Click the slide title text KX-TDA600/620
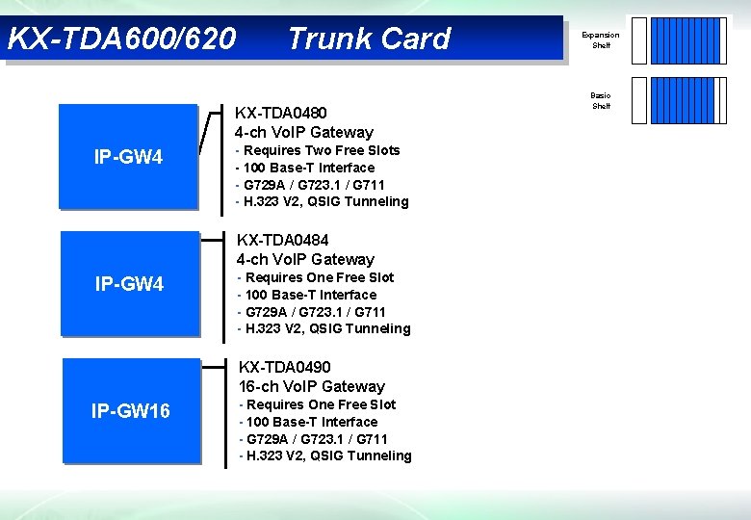click(x=121, y=39)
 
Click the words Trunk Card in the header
click(x=368, y=39)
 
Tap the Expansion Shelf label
click(x=601, y=39)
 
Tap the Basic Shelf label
click(x=601, y=100)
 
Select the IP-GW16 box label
click(x=131, y=411)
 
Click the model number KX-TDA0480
click(x=281, y=114)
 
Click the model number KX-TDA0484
click(x=283, y=240)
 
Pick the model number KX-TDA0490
click(x=285, y=367)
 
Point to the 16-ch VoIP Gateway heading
click(x=312, y=386)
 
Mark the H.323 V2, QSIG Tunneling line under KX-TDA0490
click(x=326, y=455)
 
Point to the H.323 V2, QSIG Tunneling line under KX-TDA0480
click(x=324, y=201)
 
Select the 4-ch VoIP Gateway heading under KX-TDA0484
click(x=305, y=259)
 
